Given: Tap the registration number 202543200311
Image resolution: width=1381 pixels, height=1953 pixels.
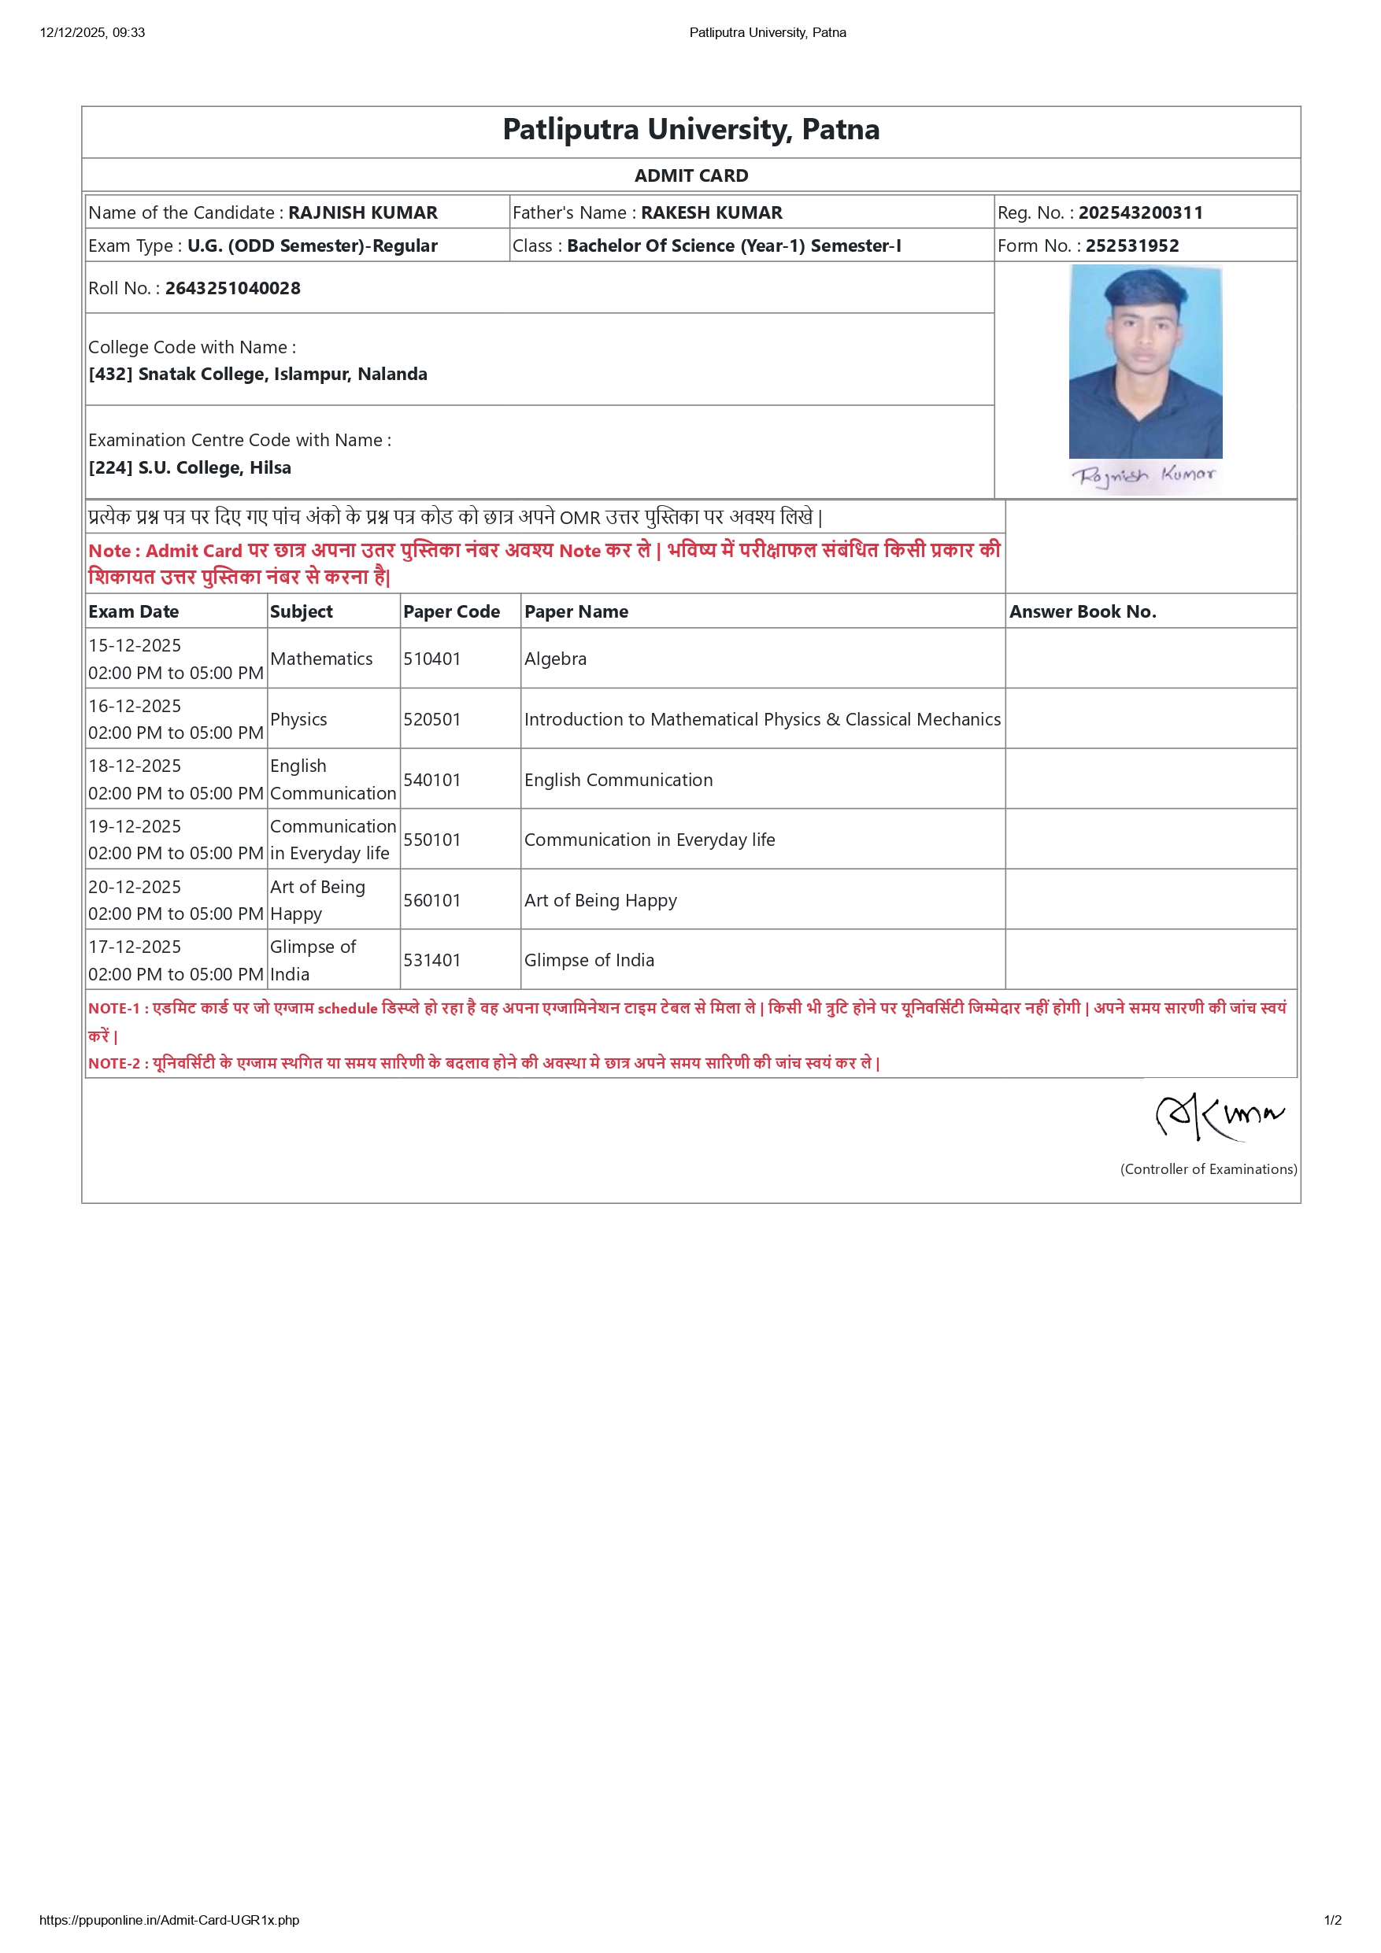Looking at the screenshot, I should coord(1140,212).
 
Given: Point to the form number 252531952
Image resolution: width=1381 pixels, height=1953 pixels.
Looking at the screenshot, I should coord(1131,246).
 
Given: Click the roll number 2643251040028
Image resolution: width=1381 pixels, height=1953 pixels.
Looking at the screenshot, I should coord(232,288).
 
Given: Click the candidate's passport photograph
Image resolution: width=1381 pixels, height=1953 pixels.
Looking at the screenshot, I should coord(1145,361).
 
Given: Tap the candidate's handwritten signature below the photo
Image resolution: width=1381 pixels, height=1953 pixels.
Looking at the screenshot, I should coord(1142,475).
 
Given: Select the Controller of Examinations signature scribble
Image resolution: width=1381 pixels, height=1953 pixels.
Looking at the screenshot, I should coord(1219,1115).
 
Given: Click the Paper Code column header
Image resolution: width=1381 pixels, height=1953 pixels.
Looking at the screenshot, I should coord(451,611).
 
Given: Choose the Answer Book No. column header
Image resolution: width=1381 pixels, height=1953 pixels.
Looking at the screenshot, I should coord(1083,611).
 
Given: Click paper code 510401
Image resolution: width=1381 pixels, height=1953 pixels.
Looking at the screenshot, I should coord(431,659).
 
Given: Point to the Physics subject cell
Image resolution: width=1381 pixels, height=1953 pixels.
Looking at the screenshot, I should coord(298,720).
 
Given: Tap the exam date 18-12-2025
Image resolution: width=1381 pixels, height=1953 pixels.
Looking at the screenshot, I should coord(135,766).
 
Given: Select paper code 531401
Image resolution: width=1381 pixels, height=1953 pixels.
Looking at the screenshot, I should coord(431,960).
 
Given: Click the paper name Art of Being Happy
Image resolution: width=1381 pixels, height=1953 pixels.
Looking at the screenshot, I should coord(600,900).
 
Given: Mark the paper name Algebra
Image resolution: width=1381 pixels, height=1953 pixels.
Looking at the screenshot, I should coord(555,659).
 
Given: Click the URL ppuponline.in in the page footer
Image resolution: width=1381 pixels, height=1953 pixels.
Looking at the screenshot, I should coord(169,1920).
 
